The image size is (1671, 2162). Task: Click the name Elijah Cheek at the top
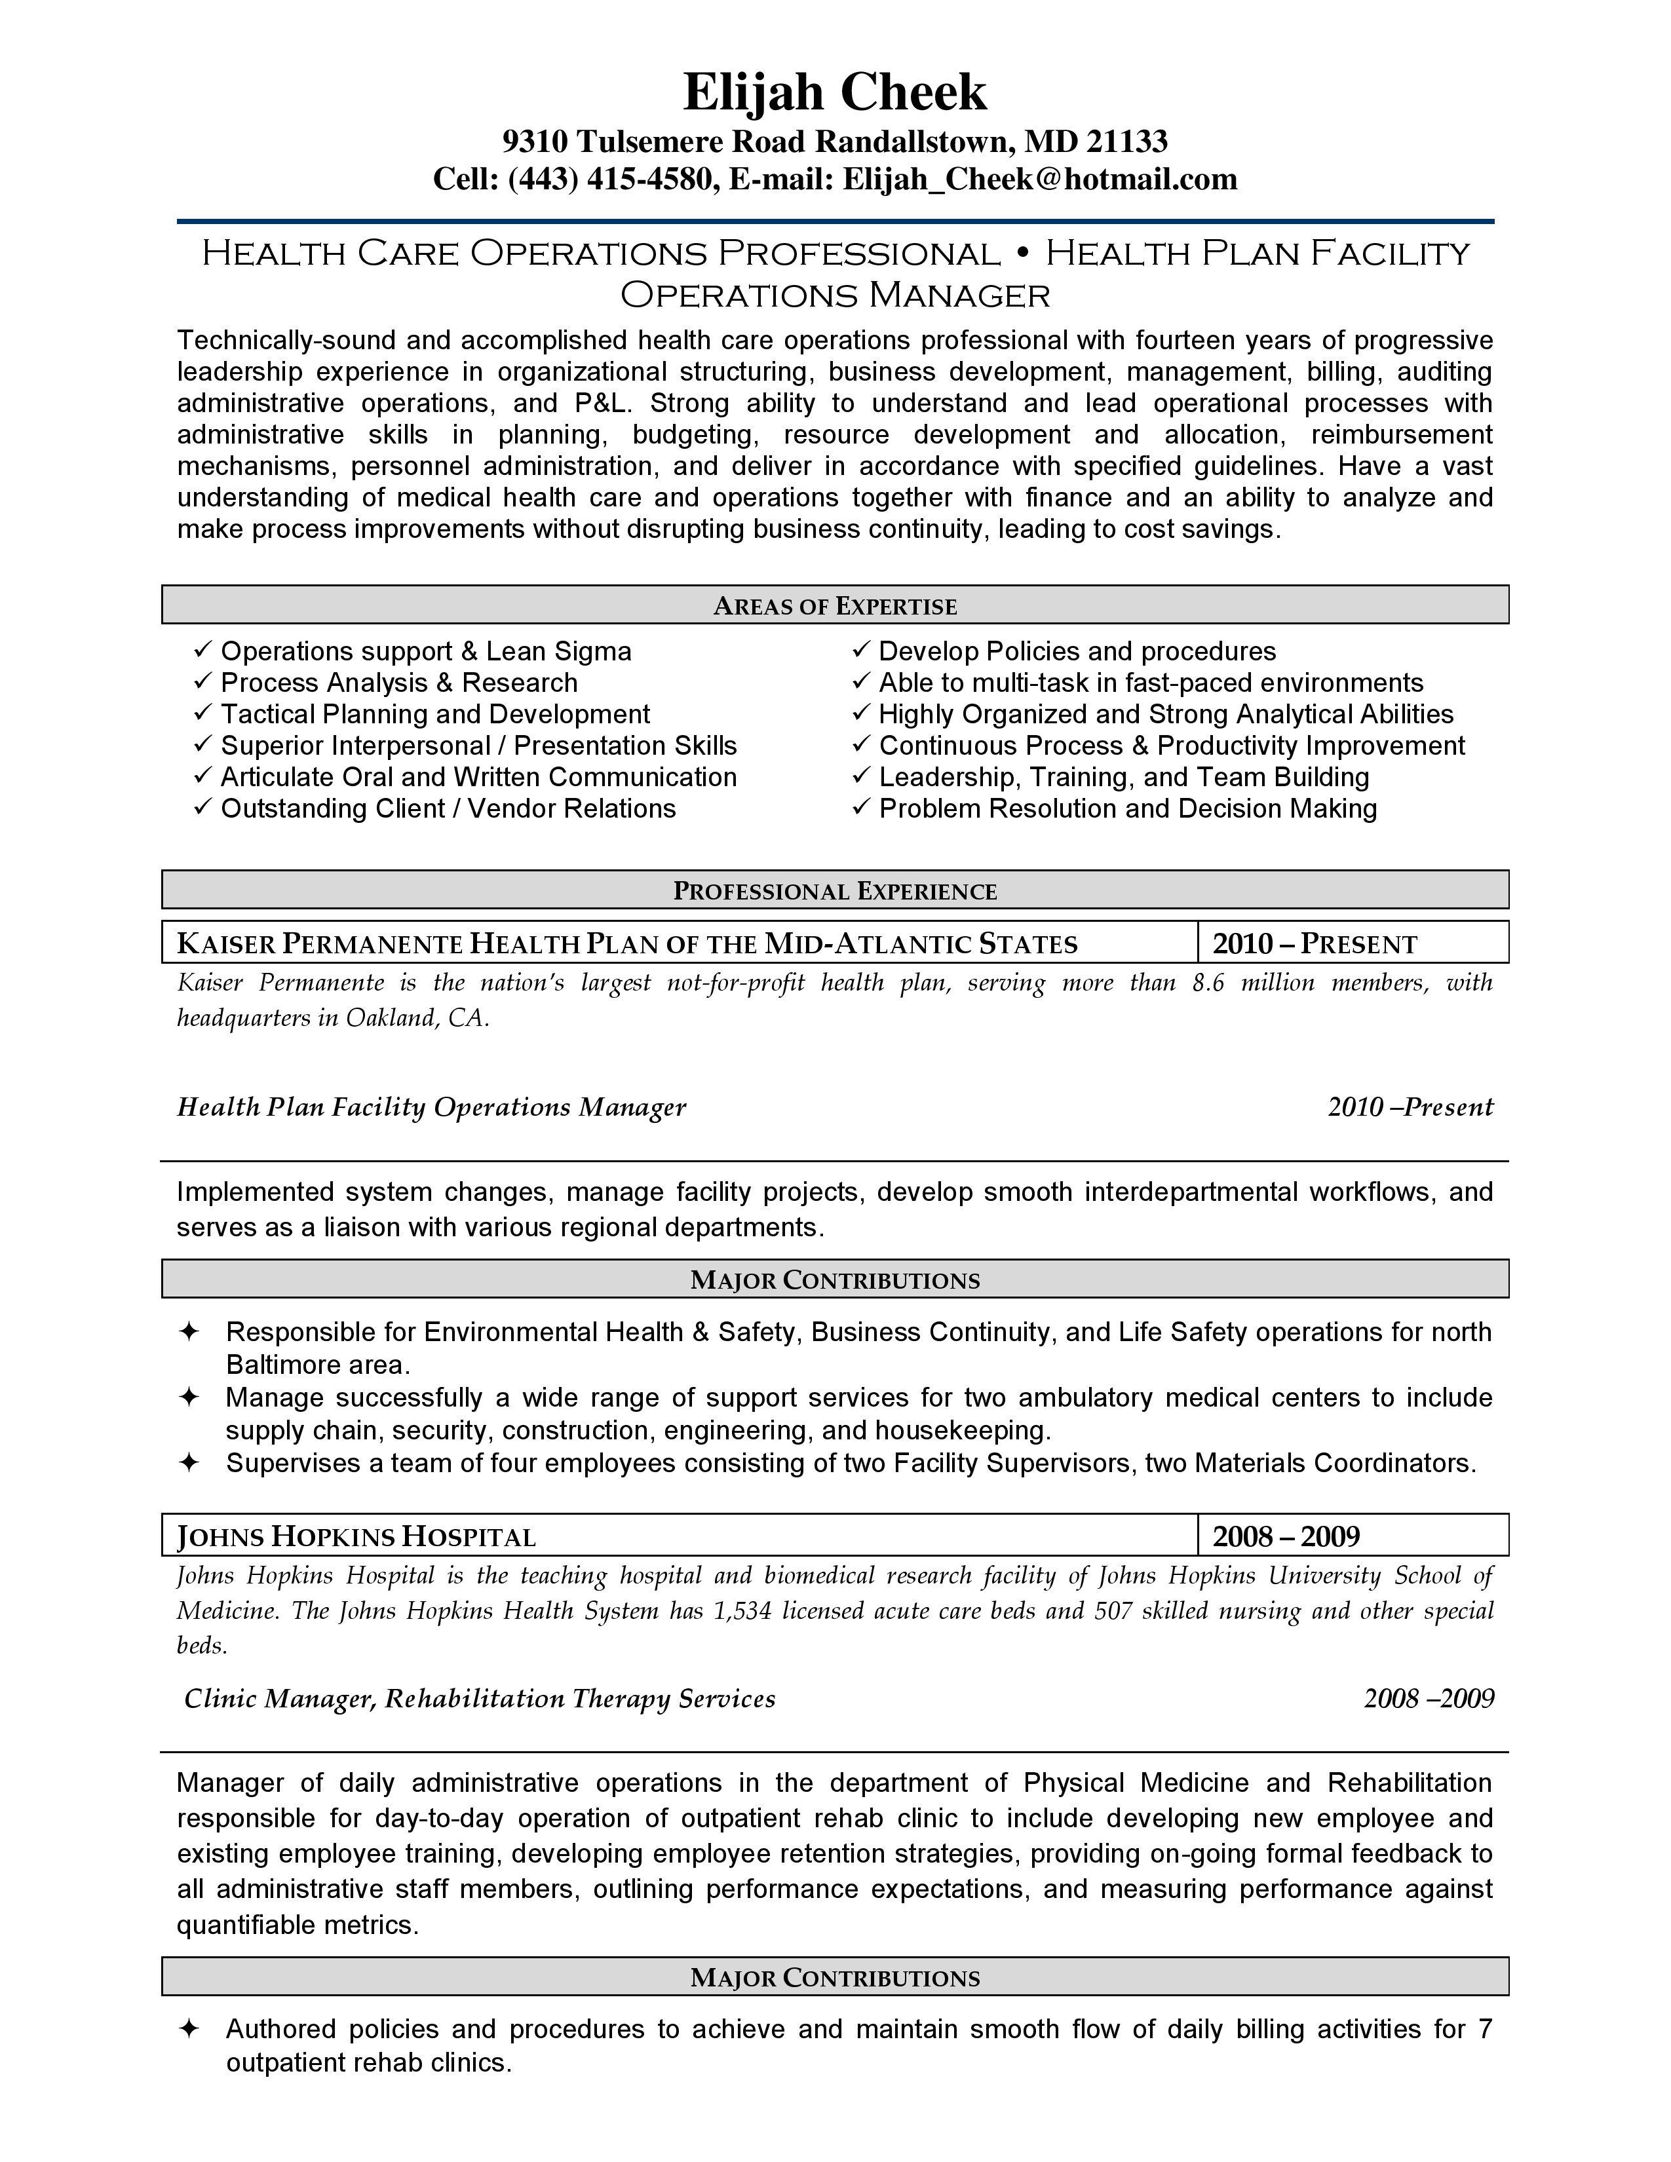point(834,93)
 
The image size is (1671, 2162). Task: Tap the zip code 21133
point(1126,143)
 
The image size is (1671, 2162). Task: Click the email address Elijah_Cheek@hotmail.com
point(1039,179)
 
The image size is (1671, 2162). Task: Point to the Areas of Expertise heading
point(834,606)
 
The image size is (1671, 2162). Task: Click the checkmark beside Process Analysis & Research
point(203,682)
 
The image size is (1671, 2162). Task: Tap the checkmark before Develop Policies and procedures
point(861,651)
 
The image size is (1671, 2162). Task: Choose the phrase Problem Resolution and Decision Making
point(1128,808)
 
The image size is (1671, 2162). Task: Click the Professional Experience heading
point(834,891)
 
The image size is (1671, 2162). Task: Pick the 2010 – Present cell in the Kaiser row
point(1315,943)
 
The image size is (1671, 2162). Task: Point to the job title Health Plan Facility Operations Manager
point(432,1107)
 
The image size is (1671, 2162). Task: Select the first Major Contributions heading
point(834,1280)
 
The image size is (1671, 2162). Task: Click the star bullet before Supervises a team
point(188,1463)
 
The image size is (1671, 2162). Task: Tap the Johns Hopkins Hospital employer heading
point(356,1536)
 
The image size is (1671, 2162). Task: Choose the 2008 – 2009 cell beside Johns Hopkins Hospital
point(1286,1536)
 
